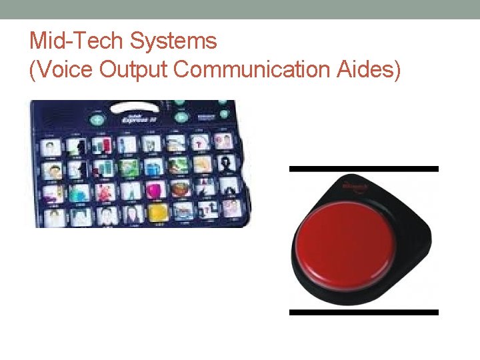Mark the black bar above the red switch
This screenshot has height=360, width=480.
tap(363, 169)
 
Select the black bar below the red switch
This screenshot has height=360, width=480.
tap(363, 312)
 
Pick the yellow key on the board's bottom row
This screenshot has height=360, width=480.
tap(158, 211)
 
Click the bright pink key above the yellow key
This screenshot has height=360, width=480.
tap(156, 189)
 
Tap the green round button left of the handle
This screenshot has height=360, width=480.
tap(97, 121)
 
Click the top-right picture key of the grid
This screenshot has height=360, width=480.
tap(224, 141)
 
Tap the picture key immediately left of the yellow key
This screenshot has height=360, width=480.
tap(132, 213)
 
